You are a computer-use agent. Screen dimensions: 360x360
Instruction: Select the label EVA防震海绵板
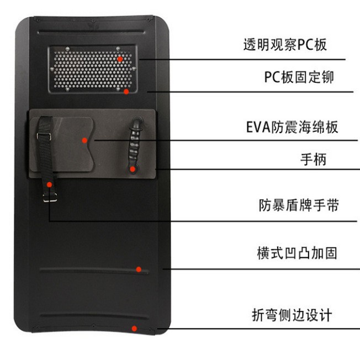[292, 128]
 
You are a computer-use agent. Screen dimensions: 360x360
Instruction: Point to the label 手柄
[313, 160]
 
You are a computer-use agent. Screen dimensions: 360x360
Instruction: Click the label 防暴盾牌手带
[298, 206]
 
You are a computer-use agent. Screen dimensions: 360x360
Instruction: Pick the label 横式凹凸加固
[297, 254]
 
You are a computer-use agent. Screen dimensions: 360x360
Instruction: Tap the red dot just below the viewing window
[126, 92]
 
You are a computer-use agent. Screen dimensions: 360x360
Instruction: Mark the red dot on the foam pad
[84, 140]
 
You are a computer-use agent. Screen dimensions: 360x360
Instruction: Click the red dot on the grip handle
[133, 169]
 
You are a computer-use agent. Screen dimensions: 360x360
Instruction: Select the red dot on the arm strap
[50, 184]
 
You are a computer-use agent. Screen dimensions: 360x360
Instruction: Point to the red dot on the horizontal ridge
[139, 269]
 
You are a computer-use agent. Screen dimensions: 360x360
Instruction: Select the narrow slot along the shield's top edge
[94, 24]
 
